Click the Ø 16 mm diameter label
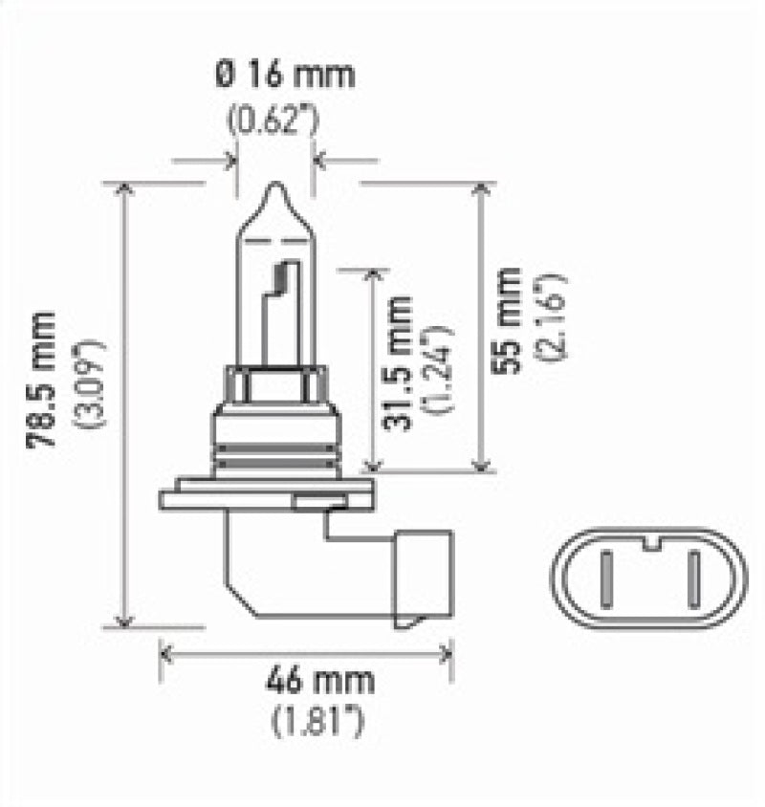click(x=272, y=75)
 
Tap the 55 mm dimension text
click(x=508, y=319)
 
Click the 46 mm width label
click(x=306, y=683)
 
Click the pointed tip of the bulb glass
click(x=273, y=187)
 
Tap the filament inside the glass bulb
click(x=281, y=277)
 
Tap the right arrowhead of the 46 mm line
click(x=447, y=654)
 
